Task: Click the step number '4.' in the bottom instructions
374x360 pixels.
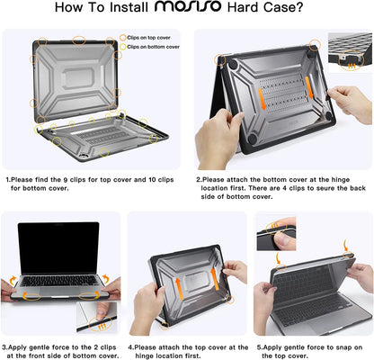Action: (x=131, y=346)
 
